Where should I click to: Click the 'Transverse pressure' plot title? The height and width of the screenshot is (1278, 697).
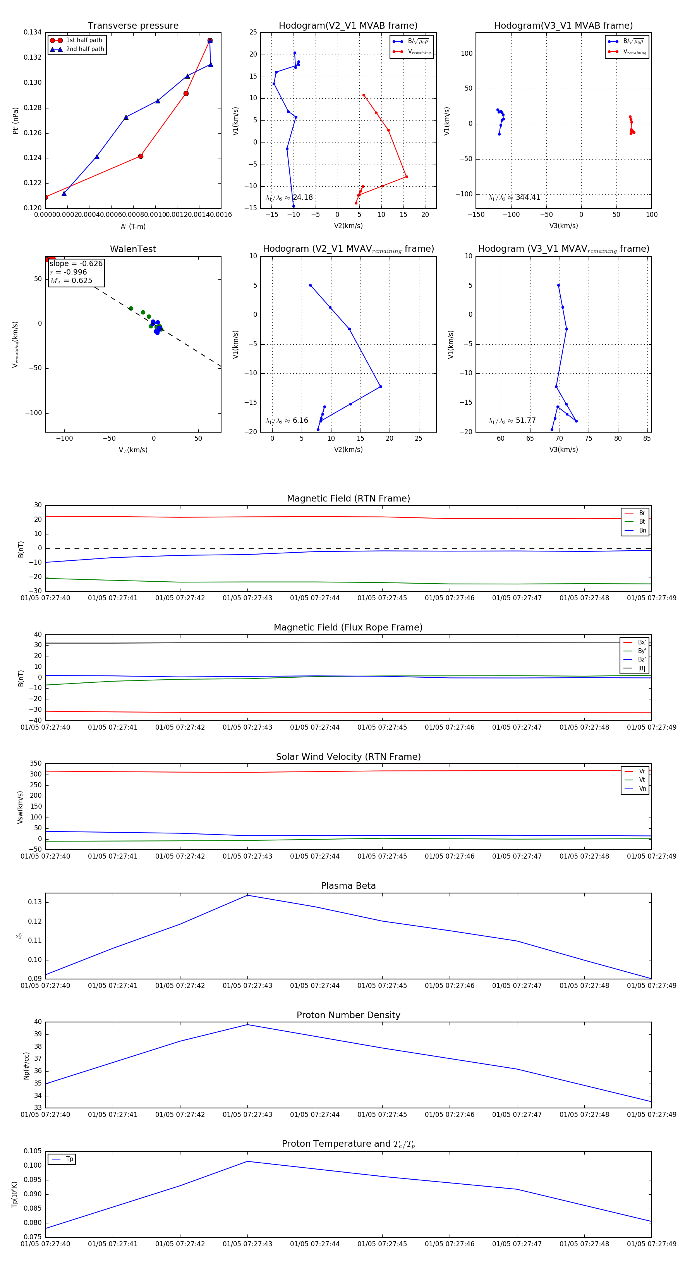coord(133,26)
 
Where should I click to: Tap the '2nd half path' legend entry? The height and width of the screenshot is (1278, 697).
coord(85,49)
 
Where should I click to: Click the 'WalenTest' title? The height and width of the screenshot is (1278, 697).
coord(133,249)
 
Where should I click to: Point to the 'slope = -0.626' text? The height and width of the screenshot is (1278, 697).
coord(76,263)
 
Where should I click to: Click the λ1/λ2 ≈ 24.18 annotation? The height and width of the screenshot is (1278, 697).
coord(289,198)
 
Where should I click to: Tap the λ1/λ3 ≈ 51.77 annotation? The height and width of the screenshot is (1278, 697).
coord(512,421)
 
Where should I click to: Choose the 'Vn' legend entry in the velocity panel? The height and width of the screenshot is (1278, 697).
coord(642,789)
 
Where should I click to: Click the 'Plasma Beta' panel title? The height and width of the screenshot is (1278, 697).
coord(348,886)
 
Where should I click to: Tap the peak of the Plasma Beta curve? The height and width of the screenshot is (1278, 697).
coord(247,895)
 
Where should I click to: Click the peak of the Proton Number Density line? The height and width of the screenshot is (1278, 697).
coord(247,1025)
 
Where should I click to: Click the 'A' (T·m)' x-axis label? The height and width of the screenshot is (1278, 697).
coord(133,226)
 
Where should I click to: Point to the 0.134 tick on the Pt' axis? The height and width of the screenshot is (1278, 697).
coord(33,33)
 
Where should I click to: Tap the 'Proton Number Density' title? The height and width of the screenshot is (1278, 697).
coord(348,1015)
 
